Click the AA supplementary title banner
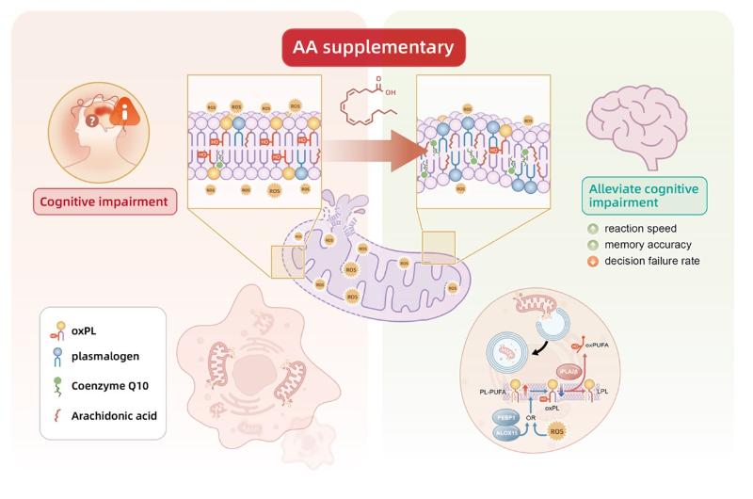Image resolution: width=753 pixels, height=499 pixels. click(376, 46)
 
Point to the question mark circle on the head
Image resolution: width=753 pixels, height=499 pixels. click(91, 120)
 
